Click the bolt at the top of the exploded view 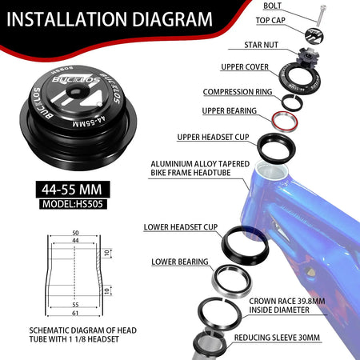point(321,15)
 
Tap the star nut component point(308,55)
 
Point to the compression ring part point(292,102)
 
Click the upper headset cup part point(276,147)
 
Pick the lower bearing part point(232,281)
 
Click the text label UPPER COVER point(245,67)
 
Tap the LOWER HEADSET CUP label point(181,227)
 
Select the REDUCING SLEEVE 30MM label point(277,338)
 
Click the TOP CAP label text point(270,20)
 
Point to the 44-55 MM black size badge point(73,190)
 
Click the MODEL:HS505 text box point(73,204)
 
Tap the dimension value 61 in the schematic point(75,313)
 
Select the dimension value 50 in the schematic point(75,233)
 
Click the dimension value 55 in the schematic point(75,305)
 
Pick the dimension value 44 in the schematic point(75,241)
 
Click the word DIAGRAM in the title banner point(172,19)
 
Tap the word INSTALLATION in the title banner point(66,19)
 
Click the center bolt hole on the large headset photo point(74,92)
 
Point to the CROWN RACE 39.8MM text point(287,302)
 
